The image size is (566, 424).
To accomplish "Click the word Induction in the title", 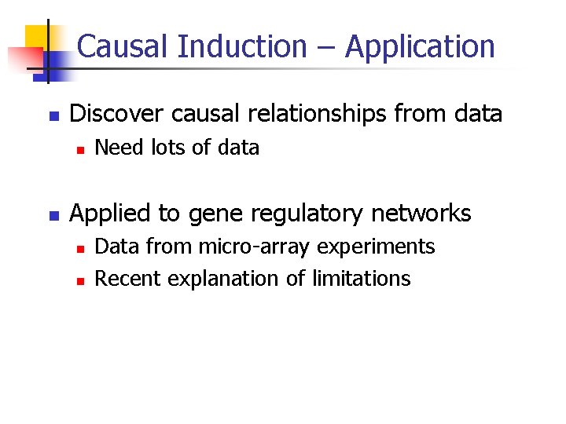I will (x=242, y=47).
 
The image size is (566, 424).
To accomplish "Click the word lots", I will (x=164, y=148).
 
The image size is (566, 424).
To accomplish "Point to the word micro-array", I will (x=249, y=247).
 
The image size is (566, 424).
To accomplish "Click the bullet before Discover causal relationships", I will (x=53, y=115).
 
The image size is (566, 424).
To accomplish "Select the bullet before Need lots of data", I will (x=79, y=148).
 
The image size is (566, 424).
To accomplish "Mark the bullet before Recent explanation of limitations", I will (x=79, y=280).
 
